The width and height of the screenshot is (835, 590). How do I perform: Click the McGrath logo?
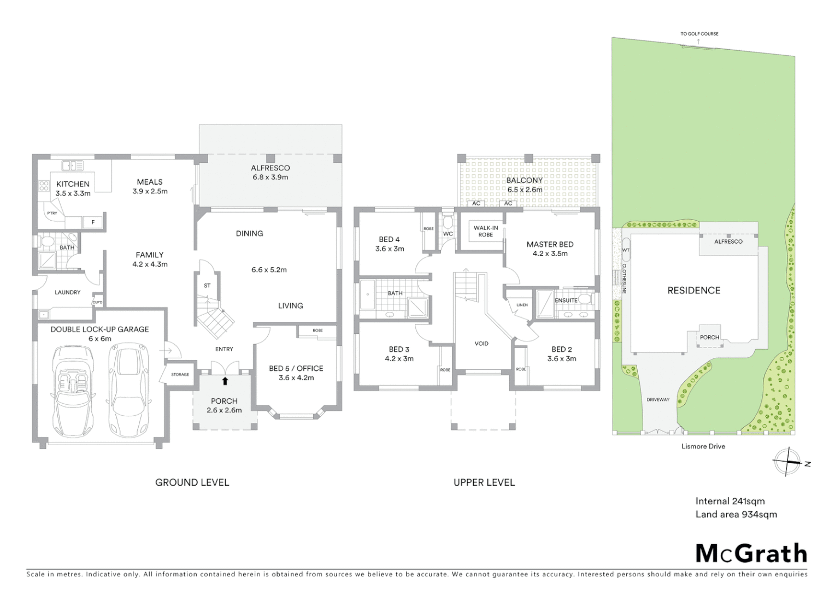tap(751, 553)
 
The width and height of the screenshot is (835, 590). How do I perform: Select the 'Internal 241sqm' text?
tap(730, 501)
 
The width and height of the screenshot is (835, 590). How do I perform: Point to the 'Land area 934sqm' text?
tap(736, 514)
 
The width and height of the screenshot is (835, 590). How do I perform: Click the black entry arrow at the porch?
tap(225, 381)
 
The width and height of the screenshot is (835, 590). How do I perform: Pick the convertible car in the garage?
tap(73, 390)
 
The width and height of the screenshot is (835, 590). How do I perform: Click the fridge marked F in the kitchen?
tap(93, 222)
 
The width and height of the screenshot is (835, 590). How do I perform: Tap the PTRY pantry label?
tap(52, 213)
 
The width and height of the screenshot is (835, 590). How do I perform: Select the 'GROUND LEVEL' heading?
tap(192, 482)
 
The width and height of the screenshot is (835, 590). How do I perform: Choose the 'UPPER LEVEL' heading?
tap(484, 482)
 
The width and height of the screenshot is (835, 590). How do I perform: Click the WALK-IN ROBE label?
tap(485, 231)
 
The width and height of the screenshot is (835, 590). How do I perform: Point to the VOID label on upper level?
tap(481, 344)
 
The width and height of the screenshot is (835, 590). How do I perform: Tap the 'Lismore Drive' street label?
tap(703, 446)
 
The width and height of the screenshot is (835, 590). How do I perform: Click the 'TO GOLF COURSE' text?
tap(699, 34)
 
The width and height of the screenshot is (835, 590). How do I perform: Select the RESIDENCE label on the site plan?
tap(693, 291)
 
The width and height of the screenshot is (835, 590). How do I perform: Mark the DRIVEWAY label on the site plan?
tap(658, 399)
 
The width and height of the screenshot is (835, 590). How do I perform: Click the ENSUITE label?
tap(566, 300)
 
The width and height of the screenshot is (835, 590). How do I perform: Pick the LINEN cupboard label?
tap(522, 305)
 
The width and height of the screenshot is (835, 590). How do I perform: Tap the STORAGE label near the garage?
tap(180, 374)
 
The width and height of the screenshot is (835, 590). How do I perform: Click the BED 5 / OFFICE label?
tap(296, 368)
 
